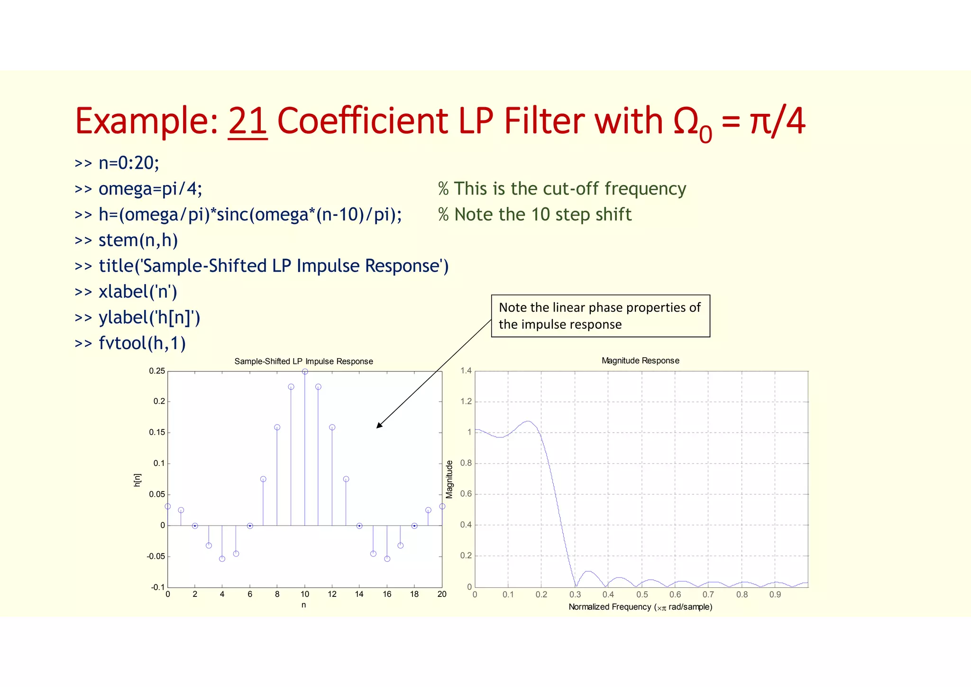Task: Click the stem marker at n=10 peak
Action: click(x=305, y=371)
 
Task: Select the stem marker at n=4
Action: click(x=222, y=559)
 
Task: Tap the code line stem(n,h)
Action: click(x=137, y=240)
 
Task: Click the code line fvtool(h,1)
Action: click(x=142, y=343)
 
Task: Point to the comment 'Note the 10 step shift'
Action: click(x=535, y=214)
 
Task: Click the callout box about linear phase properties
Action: click(x=600, y=316)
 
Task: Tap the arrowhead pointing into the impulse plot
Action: click(x=379, y=426)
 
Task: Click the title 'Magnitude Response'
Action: click(x=640, y=361)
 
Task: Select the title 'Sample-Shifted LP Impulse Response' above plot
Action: click(x=303, y=362)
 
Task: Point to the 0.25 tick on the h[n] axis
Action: click(x=157, y=371)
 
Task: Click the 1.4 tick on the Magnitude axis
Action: click(x=466, y=371)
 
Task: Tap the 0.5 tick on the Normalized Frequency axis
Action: click(x=642, y=595)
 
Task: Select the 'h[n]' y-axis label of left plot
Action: click(x=137, y=480)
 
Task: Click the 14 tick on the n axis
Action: click(x=359, y=594)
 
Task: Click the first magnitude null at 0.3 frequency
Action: click(x=576, y=586)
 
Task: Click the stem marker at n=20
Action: click(x=442, y=506)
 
